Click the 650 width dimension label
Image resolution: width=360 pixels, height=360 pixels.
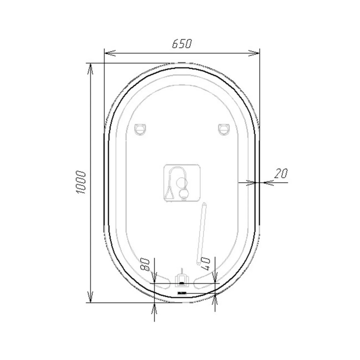[x=181, y=44]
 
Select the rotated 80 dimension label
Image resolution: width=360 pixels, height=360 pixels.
[x=145, y=264]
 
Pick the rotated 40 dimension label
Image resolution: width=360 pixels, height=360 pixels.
[x=205, y=264]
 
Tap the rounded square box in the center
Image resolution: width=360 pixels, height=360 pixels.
[x=181, y=183]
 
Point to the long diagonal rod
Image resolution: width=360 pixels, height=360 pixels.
[x=201, y=234]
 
